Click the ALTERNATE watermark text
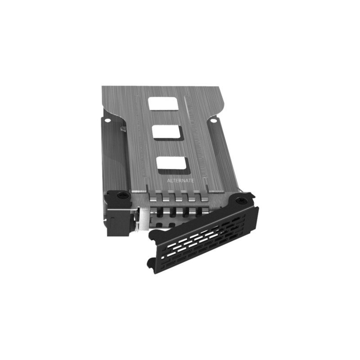pyautogui.click(x=180, y=180)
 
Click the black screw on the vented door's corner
pyautogui.click(x=242, y=200)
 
